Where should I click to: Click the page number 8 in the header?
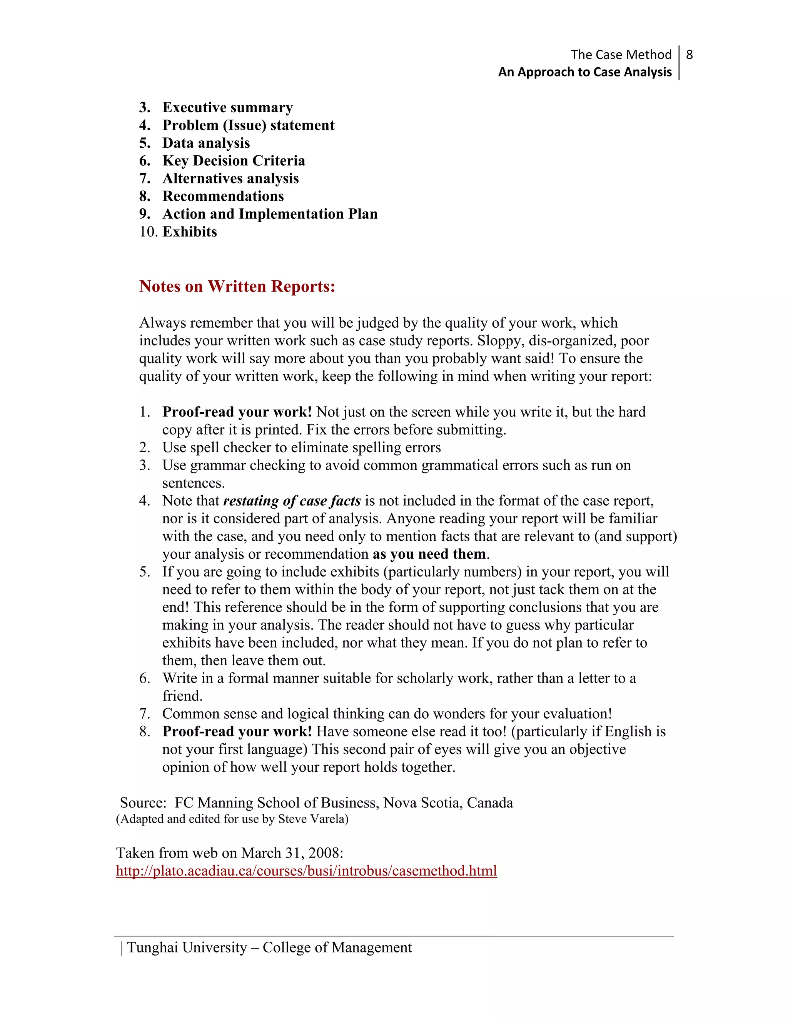689,55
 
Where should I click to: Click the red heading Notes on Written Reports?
237,286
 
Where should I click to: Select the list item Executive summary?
227,107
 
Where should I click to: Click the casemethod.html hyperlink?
306,871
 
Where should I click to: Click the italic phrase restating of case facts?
292,501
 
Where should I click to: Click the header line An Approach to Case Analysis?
584,72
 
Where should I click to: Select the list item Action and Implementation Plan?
270,214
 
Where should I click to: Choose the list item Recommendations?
223,196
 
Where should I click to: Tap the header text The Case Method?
621,55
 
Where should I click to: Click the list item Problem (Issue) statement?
248,125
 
